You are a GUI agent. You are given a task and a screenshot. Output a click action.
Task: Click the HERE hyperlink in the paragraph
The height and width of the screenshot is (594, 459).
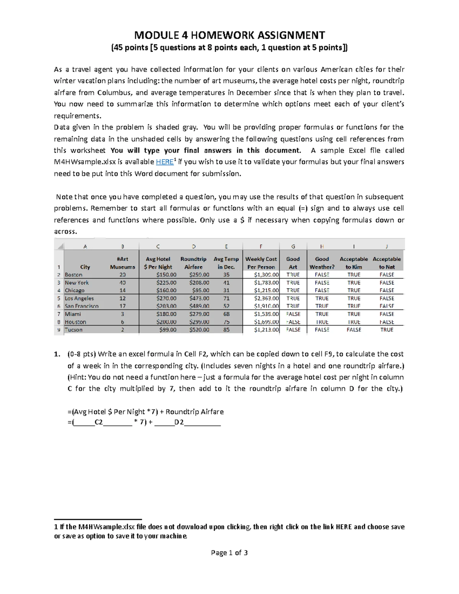tap(165, 162)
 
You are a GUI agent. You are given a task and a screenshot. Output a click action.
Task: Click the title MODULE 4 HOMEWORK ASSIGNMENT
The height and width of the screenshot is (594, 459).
tap(229, 36)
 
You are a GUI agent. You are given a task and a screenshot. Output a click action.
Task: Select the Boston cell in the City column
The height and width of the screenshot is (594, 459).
tap(73, 275)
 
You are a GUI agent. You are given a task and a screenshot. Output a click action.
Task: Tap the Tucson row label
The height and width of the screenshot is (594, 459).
tap(73, 330)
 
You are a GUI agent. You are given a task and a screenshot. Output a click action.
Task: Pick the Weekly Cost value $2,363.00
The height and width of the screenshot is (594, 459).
tap(266, 298)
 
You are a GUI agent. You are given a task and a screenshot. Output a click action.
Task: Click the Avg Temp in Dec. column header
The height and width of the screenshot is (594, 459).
tap(226, 263)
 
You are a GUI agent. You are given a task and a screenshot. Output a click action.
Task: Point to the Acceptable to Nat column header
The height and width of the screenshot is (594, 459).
tap(386, 263)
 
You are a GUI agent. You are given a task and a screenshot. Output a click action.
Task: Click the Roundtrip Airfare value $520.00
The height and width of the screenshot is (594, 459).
tap(199, 330)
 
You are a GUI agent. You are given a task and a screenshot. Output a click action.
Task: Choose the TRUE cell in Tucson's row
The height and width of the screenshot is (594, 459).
tap(386, 330)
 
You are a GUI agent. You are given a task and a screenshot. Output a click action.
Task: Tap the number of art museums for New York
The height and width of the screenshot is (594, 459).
tap(122, 283)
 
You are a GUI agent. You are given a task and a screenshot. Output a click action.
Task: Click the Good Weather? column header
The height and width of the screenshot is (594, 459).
tap(322, 263)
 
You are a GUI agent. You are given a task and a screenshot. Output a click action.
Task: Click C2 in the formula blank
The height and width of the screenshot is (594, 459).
tap(99, 423)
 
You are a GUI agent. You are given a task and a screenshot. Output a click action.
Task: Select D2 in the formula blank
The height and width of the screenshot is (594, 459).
tap(179, 423)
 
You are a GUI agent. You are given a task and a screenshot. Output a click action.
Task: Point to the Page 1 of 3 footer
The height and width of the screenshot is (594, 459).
tap(229, 553)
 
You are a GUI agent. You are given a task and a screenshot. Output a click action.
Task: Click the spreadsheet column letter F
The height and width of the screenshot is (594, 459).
tap(261, 247)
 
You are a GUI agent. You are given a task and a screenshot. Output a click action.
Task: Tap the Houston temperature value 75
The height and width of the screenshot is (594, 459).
tap(226, 322)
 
